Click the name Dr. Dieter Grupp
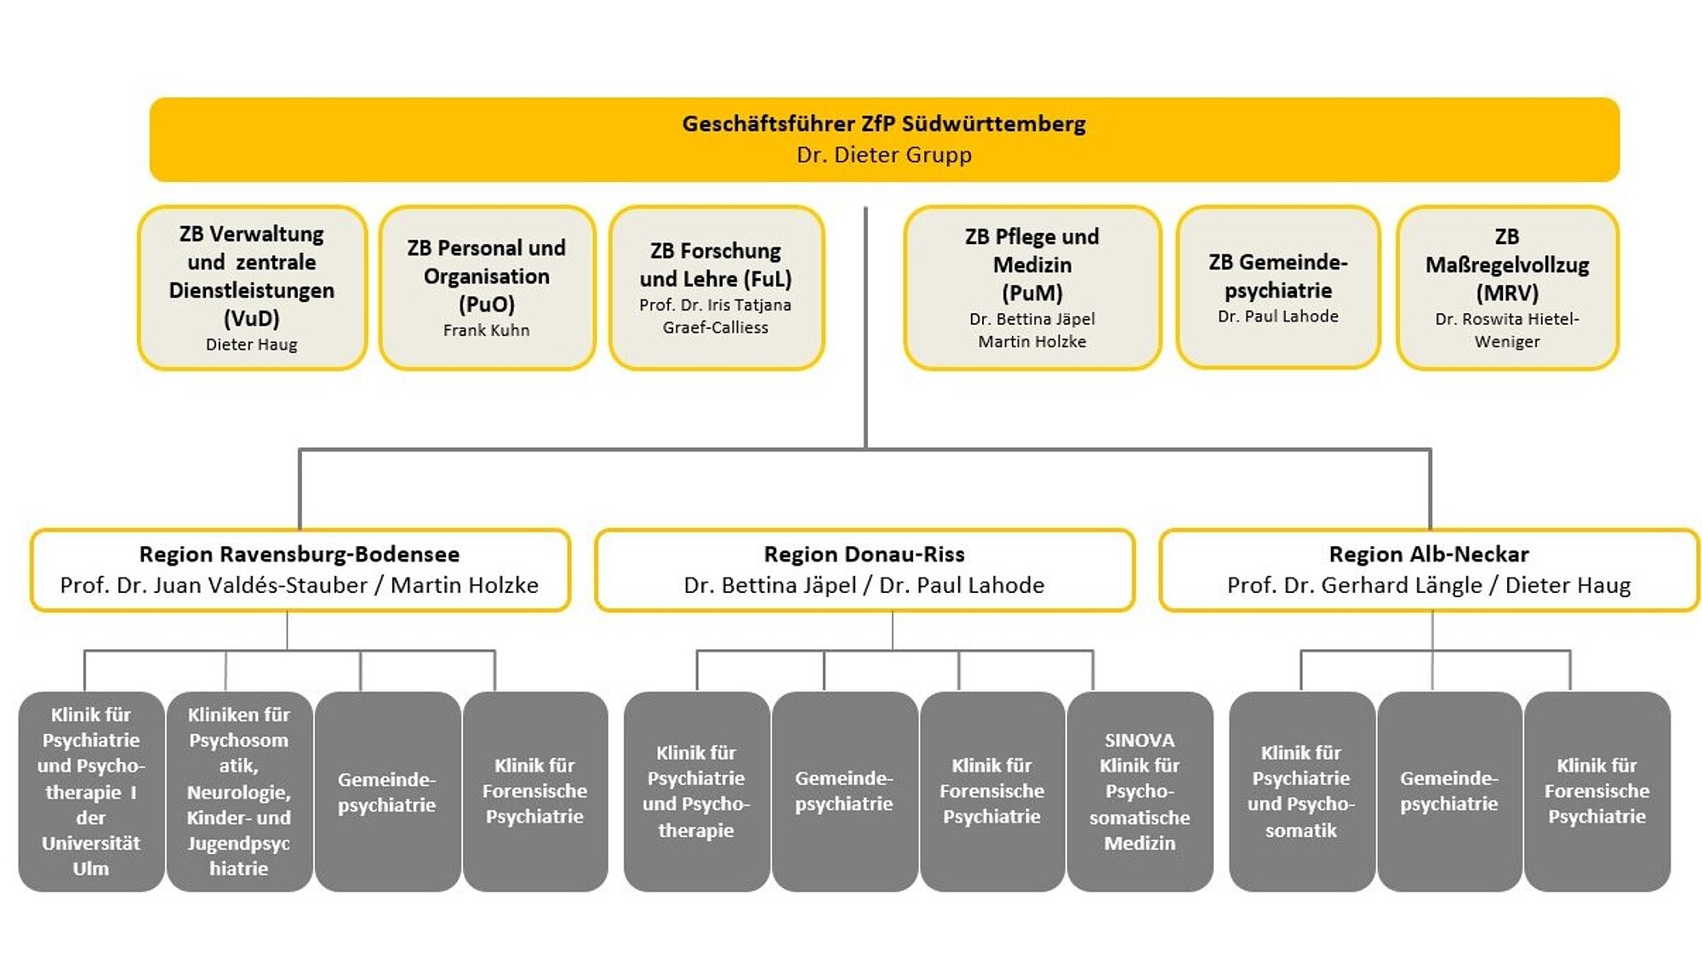tap(883, 155)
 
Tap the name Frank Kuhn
tap(486, 330)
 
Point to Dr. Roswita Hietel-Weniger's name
tap(1506, 330)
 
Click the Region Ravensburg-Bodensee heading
tap(300, 555)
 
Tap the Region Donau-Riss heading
tap(864, 555)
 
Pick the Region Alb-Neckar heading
tap(1429, 555)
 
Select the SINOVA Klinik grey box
tap(1139, 791)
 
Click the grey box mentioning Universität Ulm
tap(91, 791)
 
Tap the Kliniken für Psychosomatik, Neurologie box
tap(239, 791)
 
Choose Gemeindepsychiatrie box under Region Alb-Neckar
tap(1448, 791)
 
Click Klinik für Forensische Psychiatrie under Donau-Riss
tap(991, 791)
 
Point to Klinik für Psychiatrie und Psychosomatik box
tap(1301, 791)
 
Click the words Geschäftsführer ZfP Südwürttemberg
tap(883, 124)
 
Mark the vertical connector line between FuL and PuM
tap(865, 323)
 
